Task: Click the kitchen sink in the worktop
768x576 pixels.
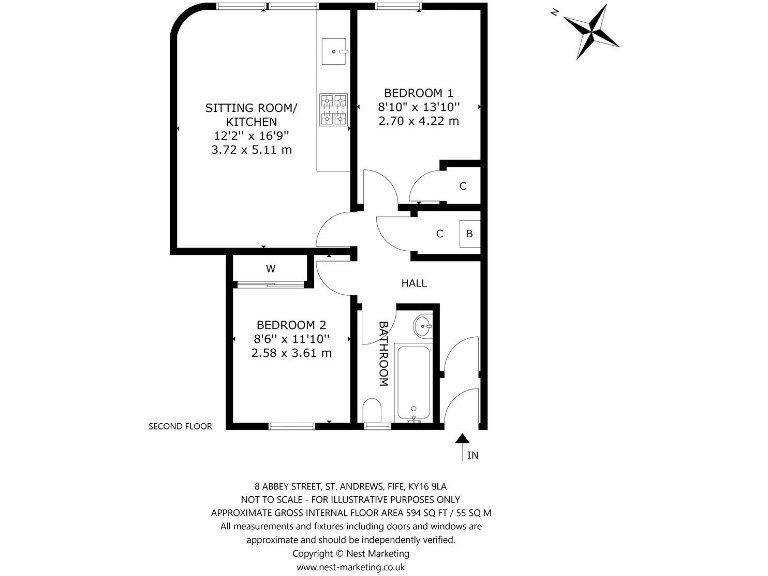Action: click(334, 48)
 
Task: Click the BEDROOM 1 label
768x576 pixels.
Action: click(418, 92)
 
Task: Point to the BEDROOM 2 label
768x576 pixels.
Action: click(291, 325)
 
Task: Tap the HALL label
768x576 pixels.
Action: click(414, 283)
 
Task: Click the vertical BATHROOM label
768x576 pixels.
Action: click(383, 353)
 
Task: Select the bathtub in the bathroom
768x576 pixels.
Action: click(413, 383)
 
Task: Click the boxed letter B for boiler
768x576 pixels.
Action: click(469, 235)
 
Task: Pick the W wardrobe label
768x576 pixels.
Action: click(270, 269)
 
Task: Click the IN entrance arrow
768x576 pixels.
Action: click(462, 445)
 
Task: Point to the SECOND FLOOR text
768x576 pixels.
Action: click(180, 426)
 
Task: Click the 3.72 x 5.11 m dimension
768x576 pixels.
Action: click(251, 150)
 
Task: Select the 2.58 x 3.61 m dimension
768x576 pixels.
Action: click(291, 353)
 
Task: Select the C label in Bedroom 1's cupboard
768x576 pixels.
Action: click(462, 186)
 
